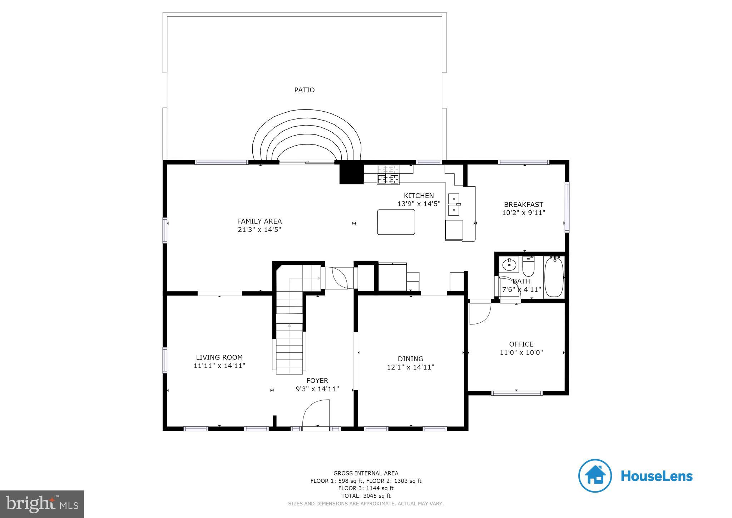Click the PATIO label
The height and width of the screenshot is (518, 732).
(304, 90)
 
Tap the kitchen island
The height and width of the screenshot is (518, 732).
(396, 222)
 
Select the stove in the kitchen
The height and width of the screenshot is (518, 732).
(388, 175)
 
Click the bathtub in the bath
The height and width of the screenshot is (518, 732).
(554, 277)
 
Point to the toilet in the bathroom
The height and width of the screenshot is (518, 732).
(528, 265)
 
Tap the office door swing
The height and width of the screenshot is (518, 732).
(480, 312)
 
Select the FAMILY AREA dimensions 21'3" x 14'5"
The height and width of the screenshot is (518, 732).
(259, 230)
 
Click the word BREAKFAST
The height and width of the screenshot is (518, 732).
(524, 205)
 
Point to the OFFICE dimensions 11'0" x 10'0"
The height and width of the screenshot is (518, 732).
(521, 352)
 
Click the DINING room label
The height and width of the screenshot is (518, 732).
(411, 359)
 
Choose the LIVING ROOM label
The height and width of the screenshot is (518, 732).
(219, 357)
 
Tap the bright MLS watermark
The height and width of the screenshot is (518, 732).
(42, 504)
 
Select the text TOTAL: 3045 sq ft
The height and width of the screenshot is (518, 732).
(366, 496)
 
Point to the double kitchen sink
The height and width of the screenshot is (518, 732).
(454, 205)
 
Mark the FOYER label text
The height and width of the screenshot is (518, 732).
(317, 381)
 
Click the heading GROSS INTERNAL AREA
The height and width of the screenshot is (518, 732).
(366, 473)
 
